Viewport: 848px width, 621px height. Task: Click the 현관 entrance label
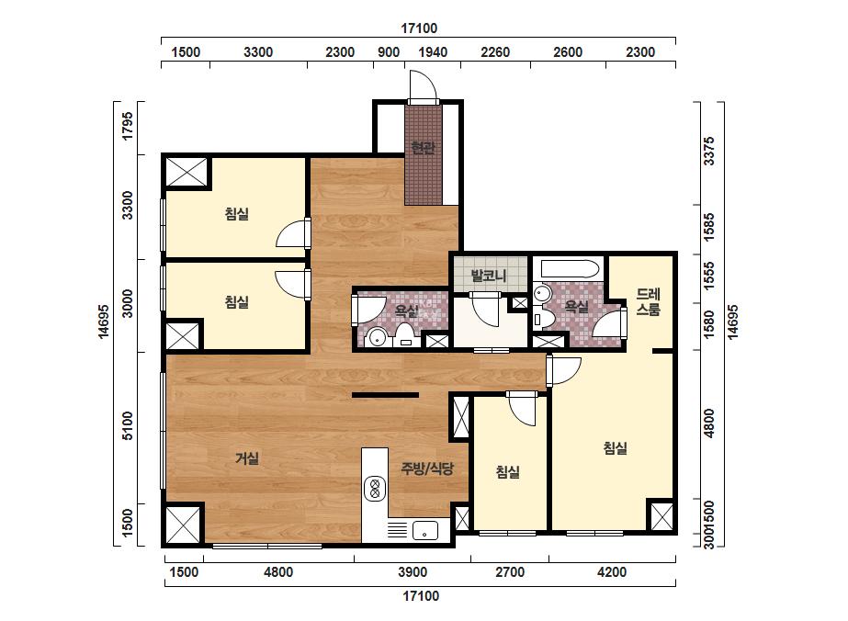[x=423, y=147]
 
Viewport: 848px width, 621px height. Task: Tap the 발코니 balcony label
[x=489, y=276]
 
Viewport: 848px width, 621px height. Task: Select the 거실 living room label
[x=247, y=458]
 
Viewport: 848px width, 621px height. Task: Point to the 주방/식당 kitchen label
[x=427, y=469]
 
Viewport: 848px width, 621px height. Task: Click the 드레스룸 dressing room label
[x=648, y=302]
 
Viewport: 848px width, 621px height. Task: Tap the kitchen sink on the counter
[x=425, y=530]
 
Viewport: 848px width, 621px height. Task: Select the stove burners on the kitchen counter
[x=374, y=489]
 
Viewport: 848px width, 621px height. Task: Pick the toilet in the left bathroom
[x=404, y=334]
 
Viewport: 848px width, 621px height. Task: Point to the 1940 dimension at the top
[x=434, y=52]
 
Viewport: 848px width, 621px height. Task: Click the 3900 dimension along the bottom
[x=413, y=571]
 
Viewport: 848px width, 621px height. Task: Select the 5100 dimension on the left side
[x=127, y=425]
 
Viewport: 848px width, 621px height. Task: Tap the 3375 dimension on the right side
[x=708, y=151]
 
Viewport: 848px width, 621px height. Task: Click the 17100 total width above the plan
[x=419, y=28]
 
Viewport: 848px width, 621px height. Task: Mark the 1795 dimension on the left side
[x=127, y=126]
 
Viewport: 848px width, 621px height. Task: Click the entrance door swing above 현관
[x=423, y=86]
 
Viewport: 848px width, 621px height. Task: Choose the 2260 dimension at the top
[x=495, y=52]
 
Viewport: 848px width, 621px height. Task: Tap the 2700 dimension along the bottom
[x=510, y=571]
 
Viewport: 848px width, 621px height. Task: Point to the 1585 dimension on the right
[x=708, y=227]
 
